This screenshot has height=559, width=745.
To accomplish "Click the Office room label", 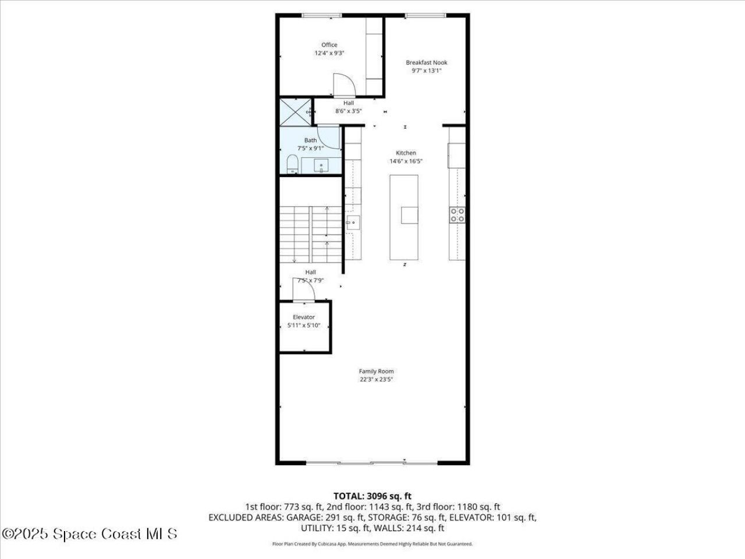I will click(x=329, y=45).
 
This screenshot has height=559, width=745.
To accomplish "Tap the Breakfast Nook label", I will click(x=427, y=62).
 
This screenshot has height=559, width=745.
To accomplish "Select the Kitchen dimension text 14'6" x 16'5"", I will click(x=406, y=161).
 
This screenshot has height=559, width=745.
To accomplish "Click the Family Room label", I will click(x=376, y=371).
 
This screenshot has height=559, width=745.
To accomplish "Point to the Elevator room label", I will click(x=304, y=317).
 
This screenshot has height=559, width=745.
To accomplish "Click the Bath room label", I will click(x=311, y=140).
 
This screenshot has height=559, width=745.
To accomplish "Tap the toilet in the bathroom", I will click(x=292, y=164).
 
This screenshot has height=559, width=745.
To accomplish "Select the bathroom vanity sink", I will click(x=321, y=167).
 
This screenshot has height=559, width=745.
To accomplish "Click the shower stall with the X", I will click(x=295, y=112).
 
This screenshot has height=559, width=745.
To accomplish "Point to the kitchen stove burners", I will click(x=457, y=215).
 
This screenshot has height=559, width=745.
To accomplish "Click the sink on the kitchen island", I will click(x=409, y=215).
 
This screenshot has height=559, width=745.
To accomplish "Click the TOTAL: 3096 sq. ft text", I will click(x=372, y=496).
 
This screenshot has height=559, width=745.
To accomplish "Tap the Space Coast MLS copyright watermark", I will click(x=90, y=533).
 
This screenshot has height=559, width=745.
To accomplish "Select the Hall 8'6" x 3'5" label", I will click(x=348, y=107).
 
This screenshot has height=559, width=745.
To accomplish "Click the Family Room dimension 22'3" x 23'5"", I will click(x=376, y=380).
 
